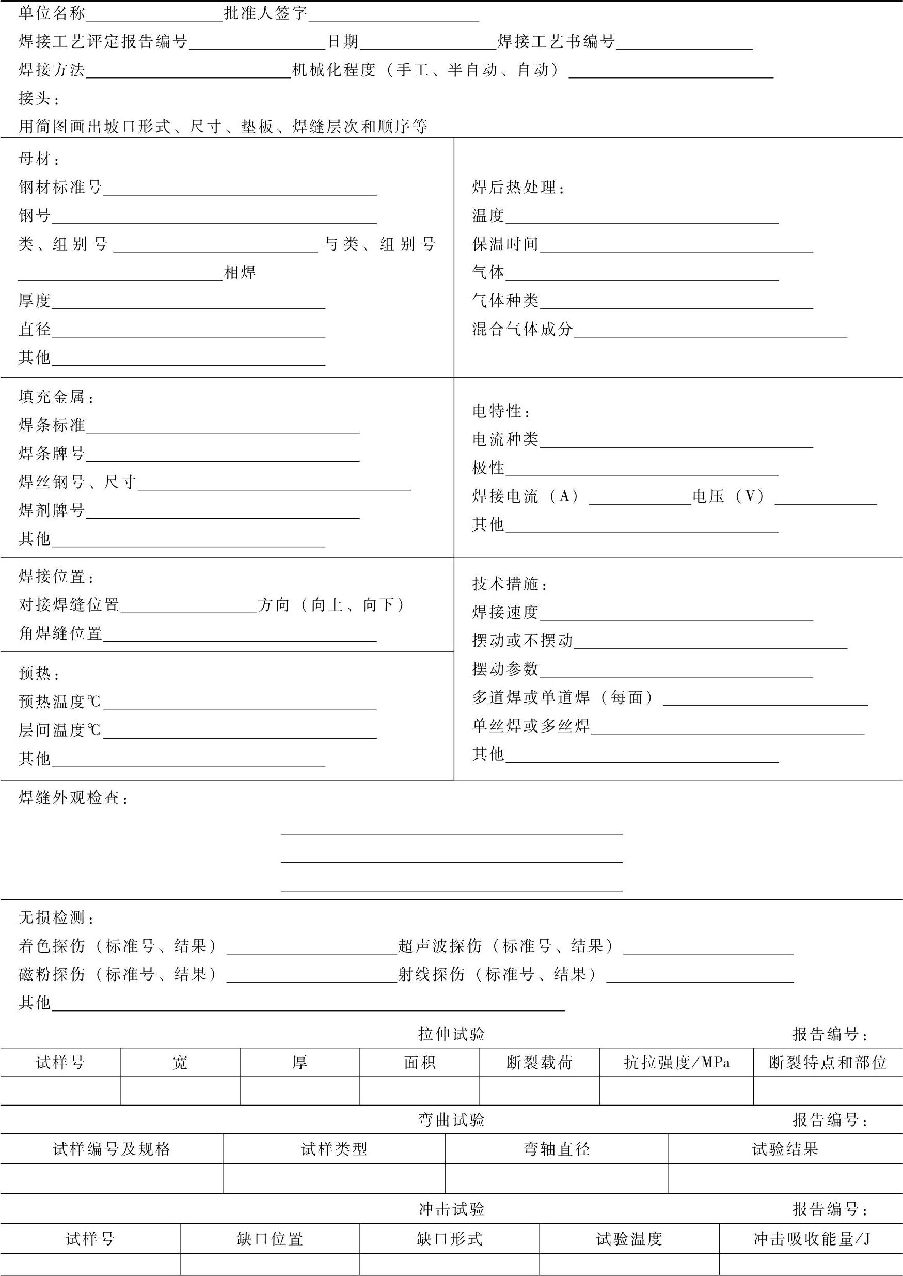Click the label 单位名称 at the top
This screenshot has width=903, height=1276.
coord(52,13)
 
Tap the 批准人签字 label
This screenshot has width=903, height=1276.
coord(266,13)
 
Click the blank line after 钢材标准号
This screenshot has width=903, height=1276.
coord(240,189)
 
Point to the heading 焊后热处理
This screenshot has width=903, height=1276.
coord(518,188)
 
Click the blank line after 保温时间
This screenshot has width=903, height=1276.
coord(676,246)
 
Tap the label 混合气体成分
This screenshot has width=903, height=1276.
coord(522,329)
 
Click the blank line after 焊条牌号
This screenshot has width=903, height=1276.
coord(223,456)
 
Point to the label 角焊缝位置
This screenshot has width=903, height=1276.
coord(60,633)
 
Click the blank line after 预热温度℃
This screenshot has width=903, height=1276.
coord(240,704)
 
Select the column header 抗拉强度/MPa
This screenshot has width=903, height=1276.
coord(676,1063)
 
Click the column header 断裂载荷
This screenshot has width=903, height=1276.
coord(539,1063)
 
